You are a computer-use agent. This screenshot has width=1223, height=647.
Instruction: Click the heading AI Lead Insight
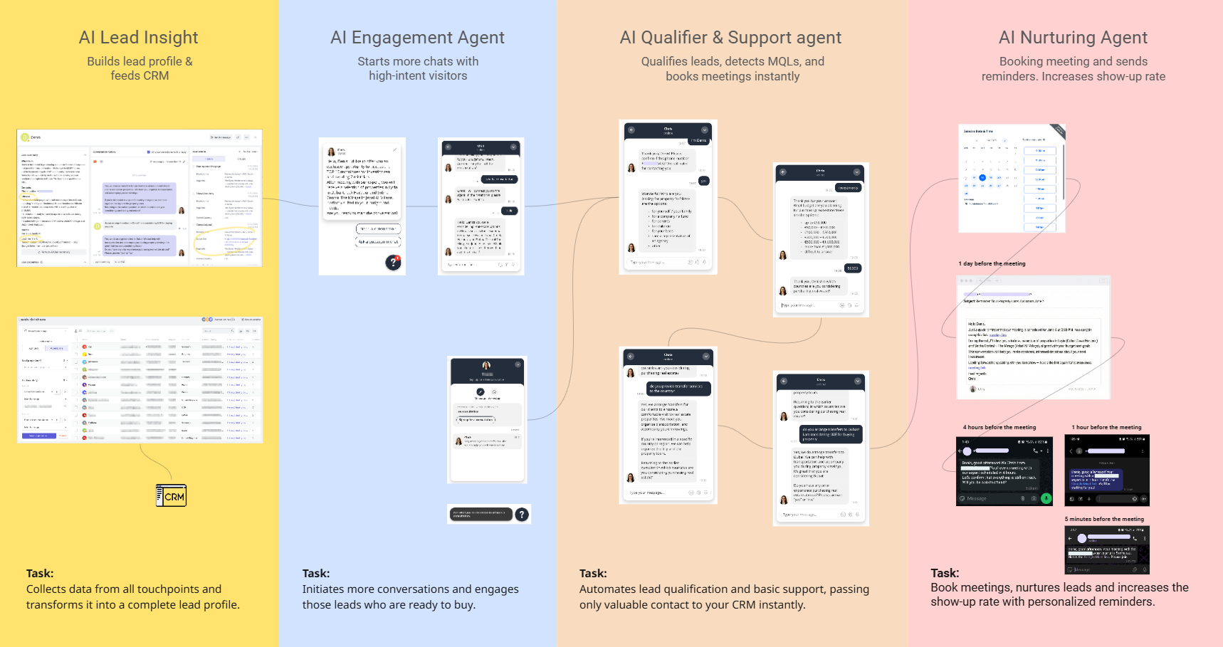[x=139, y=38]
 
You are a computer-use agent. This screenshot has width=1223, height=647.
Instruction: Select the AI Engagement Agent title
[x=417, y=38]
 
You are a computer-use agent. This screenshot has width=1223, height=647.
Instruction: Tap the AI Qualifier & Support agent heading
[x=730, y=38]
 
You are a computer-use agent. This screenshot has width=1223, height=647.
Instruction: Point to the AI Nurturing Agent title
[x=1073, y=38]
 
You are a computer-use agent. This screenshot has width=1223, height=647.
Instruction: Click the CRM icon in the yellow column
[x=172, y=496]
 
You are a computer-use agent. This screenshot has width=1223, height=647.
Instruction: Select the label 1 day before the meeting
[x=992, y=263]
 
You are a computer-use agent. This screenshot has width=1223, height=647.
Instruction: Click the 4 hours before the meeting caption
[x=999, y=427]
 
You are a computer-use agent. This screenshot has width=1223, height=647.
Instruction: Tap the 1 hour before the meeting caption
[x=1106, y=427]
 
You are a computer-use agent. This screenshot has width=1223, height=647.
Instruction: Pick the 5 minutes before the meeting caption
[x=1104, y=519]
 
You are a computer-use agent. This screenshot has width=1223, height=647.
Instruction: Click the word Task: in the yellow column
[x=40, y=573]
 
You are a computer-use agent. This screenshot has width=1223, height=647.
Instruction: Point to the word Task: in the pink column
[x=945, y=573]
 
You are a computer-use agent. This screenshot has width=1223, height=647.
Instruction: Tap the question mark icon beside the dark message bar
[x=522, y=514]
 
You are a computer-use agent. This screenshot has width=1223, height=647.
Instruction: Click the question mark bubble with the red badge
[x=393, y=263]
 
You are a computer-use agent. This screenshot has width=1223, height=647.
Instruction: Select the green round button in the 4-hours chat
[x=1046, y=498]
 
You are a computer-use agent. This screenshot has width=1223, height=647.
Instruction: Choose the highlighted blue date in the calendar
[x=982, y=178]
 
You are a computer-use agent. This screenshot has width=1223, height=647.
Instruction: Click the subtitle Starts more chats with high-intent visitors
[x=418, y=68]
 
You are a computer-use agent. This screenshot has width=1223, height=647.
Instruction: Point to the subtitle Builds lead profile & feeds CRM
[x=140, y=68]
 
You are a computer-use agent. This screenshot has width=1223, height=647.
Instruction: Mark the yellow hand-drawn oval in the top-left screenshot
[x=225, y=242]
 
